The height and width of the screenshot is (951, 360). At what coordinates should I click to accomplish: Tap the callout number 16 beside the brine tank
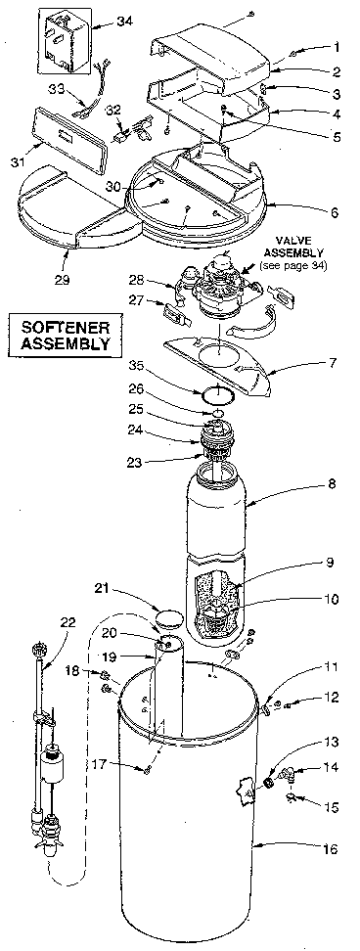[x=330, y=849]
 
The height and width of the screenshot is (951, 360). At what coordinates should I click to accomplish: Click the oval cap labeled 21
[x=168, y=618]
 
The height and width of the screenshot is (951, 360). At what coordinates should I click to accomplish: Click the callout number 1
[x=337, y=47]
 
